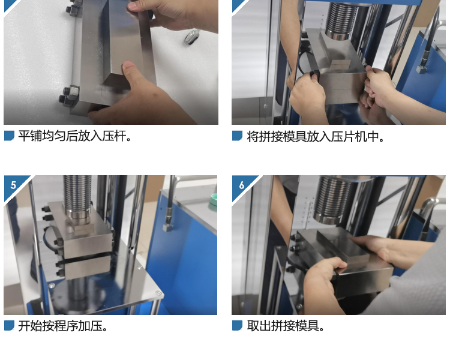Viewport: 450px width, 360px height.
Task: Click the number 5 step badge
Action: [x=13, y=185]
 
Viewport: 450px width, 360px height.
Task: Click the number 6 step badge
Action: [x=241, y=185]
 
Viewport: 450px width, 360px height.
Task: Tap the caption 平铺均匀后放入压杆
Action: [x=75, y=136]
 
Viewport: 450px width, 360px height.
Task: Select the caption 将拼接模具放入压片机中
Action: [x=316, y=136]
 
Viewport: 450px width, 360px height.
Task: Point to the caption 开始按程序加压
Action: [x=62, y=326]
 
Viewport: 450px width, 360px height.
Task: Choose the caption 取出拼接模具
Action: [x=286, y=326]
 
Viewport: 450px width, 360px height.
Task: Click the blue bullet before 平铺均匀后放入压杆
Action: [x=9, y=136]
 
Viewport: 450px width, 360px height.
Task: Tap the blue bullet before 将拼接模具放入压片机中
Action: [x=238, y=136]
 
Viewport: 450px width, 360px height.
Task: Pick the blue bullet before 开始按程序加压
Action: [x=9, y=326]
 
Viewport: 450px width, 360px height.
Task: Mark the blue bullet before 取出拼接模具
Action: [x=238, y=326]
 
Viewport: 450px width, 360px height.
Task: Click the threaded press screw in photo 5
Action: [x=78, y=195]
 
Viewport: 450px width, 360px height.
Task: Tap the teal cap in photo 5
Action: [x=213, y=200]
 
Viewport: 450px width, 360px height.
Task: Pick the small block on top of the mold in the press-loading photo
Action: [x=340, y=64]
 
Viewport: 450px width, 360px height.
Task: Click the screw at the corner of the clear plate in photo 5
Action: [x=158, y=293]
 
